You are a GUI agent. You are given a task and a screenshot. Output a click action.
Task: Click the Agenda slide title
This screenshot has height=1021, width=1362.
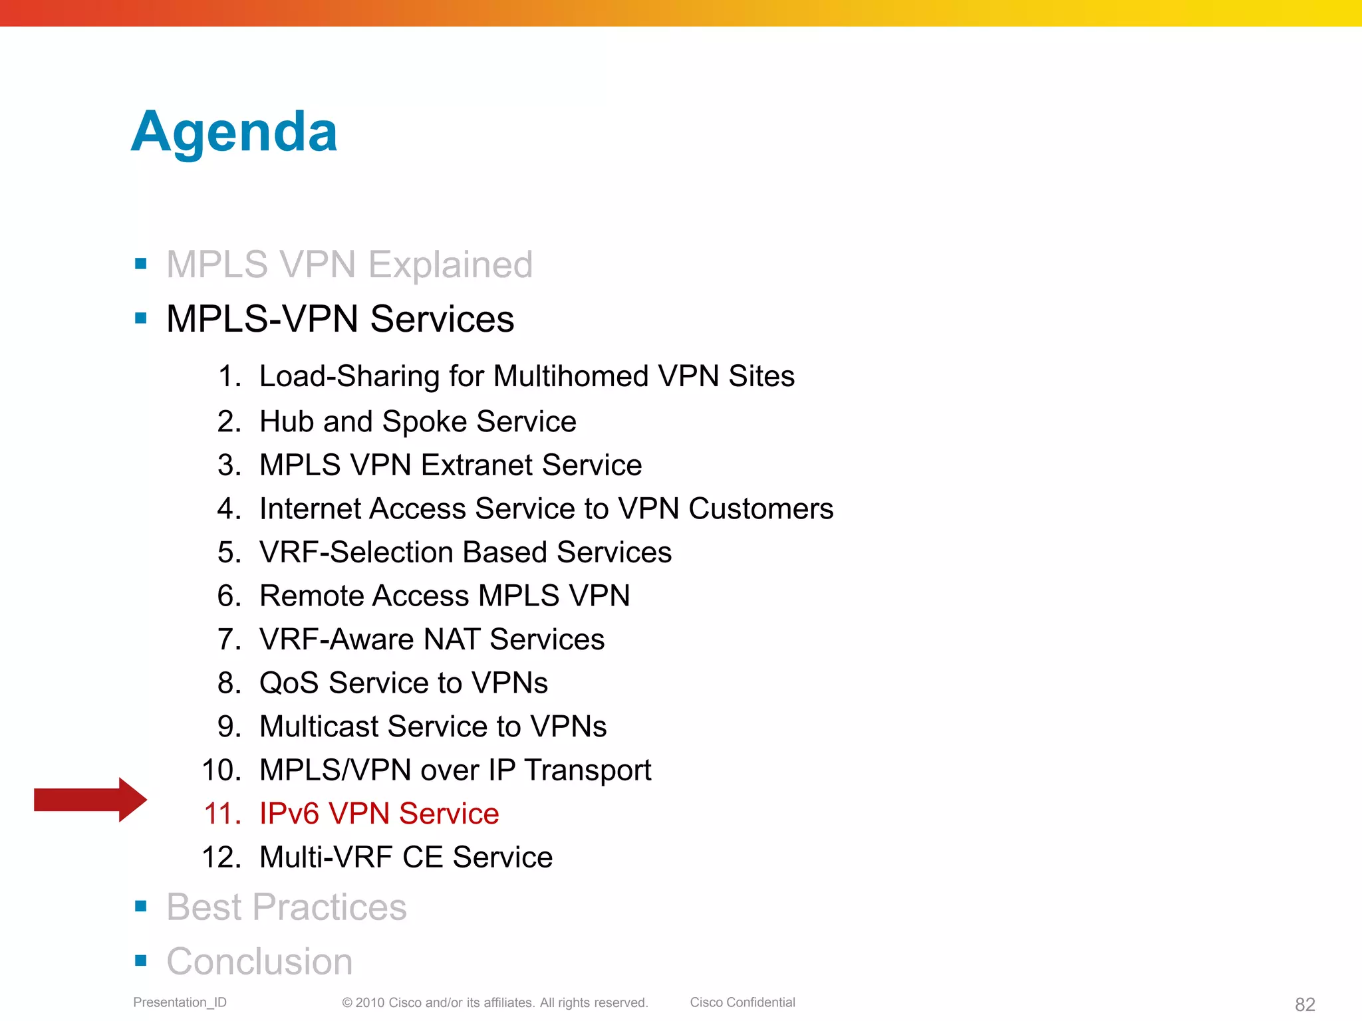[x=234, y=132]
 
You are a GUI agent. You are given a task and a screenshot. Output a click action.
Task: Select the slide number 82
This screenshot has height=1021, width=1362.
[x=1304, y=1004]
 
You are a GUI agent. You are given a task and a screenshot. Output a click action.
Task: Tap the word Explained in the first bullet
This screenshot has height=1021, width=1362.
[x=450, y=265]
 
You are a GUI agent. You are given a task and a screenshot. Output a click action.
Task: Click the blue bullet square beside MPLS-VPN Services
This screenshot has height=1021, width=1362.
[x=140, y=318]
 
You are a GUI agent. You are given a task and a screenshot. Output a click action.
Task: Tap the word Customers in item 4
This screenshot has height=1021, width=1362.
[x=760, y=509]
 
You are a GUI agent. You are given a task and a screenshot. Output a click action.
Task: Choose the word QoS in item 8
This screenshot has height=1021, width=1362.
[x=289, y=683]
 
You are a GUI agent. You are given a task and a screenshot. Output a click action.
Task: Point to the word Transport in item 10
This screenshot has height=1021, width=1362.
[x=587, y=770]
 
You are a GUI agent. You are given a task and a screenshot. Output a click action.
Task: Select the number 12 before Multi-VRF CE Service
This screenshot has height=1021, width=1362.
[x=221, y=857]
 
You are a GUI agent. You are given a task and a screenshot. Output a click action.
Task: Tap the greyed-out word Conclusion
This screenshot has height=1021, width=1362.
[x=259, y=962]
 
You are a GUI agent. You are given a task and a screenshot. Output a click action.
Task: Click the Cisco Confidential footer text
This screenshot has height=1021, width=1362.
[x=742, y=1002]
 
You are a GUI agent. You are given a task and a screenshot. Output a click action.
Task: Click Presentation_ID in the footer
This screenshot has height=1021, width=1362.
[x=180, y=1002]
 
